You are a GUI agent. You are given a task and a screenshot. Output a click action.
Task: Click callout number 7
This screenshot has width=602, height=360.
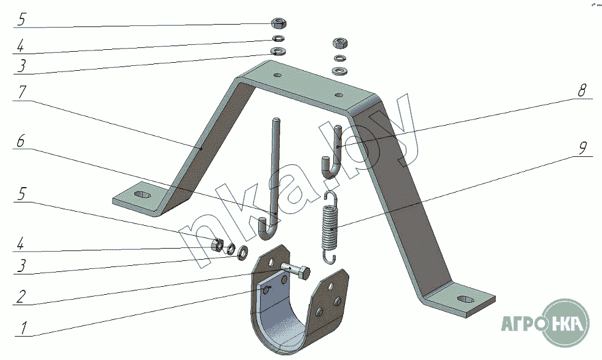(x=22, y=93)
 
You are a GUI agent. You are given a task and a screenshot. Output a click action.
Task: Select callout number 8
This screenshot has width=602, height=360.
(x=581, y=89)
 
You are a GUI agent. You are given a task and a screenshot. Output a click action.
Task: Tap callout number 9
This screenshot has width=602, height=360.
(x=582, y=148)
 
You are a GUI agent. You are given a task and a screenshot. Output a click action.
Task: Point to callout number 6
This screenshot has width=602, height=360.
(x=20, y=141)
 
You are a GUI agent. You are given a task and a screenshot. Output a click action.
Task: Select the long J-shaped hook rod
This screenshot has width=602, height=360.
(x=273, y=178)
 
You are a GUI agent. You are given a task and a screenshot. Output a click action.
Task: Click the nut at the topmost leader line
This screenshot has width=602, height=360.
(x=277, y=23)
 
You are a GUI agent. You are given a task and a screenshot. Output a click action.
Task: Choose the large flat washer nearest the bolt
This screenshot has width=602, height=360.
(x=242, y=251)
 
